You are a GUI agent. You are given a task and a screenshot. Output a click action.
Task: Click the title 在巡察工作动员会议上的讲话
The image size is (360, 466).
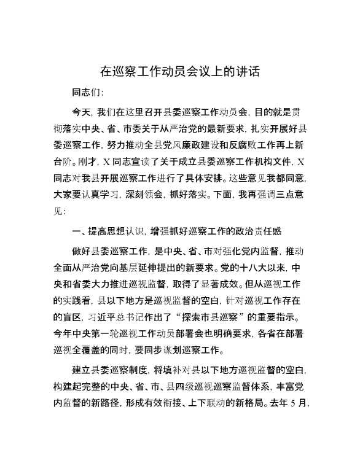179,72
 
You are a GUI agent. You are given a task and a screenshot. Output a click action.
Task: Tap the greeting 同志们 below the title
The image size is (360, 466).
88,93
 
